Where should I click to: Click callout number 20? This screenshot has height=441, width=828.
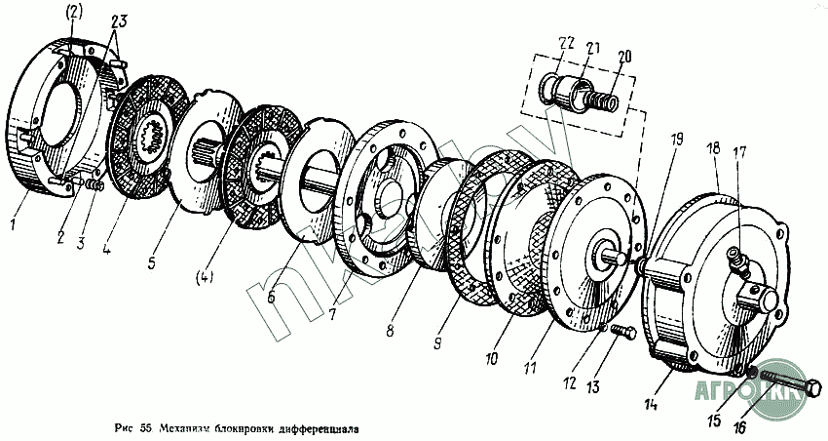tap(623, 57)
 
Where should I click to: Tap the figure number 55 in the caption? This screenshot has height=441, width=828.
tap(146, 428)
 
